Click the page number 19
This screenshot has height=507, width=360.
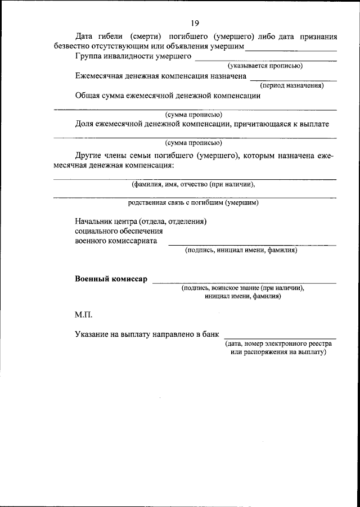[x=195, y=22]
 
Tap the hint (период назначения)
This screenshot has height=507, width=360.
[x=292, y=86]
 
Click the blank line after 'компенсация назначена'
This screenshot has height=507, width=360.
[x=293, y=79]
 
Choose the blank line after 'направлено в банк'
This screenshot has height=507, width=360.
[x=279, y=337]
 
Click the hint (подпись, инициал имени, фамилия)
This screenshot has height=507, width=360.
[x=241, y=251]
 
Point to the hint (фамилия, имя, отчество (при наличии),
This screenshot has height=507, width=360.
[x=194, y=183]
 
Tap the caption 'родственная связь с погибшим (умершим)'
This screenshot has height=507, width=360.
[x=193, y=202]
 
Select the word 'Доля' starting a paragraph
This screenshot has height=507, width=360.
[x=85, y=124]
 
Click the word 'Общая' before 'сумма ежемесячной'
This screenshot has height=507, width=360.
[x=87, y=96]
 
